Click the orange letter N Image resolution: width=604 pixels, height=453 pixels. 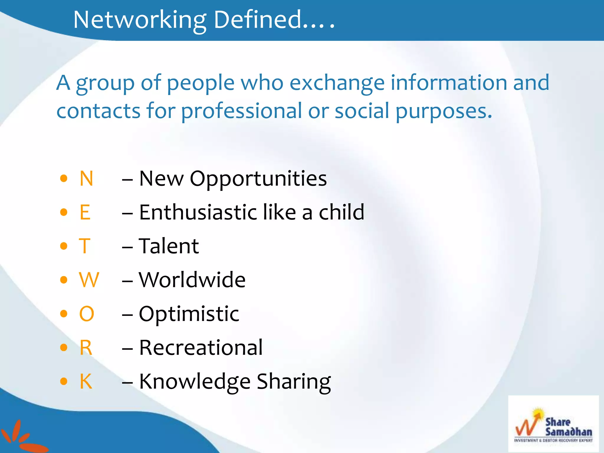pyautogui.click(x=86, y=178)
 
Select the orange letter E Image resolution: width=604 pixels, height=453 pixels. pyautogui.click(x=85, y=212)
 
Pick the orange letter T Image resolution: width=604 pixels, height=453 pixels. pyautogui.click(x=84, y=246)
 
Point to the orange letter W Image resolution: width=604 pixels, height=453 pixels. pyautogui.click(x=89, y=280)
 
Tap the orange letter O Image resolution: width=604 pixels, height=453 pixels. pyautogui.click(x=87, y=314)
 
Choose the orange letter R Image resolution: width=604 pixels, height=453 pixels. pyautogui.click(x=86, y=348)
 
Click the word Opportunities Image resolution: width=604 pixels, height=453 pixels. pyautogui.click(x=258, y=179)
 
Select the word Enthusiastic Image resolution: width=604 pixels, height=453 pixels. pyautogui.click(x=198, y=212)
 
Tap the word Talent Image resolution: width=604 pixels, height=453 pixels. pyautogui.click(x=169, y=246)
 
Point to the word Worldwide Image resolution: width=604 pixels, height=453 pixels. pyautogui.click(x=192, y=280)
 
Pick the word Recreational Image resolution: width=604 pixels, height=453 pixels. pyautogui.click(x=201, y=348)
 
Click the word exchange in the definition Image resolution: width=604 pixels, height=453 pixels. pyautogui.click(x=337, y=83)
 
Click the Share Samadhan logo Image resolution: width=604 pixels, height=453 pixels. pyautogui.click(x=553, y=424)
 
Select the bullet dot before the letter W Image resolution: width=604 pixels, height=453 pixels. pyautogui.click(x=64, y=280)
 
